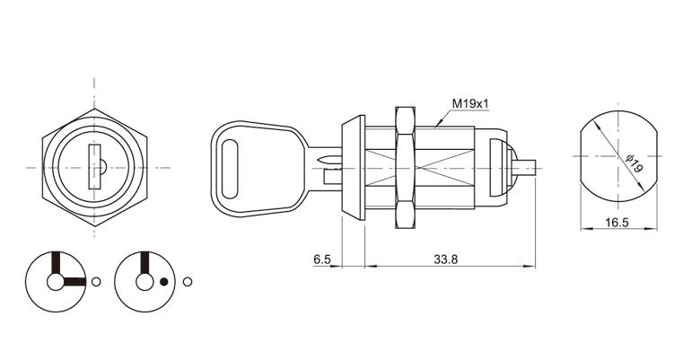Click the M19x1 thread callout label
pyautogui.click(x=470, y=103)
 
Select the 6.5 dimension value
pyautogui.click(x=322, y=259)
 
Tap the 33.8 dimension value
pyautogui.click(x=446, y=259)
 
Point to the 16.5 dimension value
pyautogui.click(x=617, y=223)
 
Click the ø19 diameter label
pyautogui.click(x=633, y=164)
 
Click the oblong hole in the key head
pyautogui.click(x=231, y=169)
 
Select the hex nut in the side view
pyautogui.click(x=406, y=167)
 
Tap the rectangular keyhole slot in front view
pyautogui.click(x=94, y=167)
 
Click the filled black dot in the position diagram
pyautogui.click(x=163, y=282)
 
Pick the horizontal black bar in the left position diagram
pyautogui.click(x=74, y=282)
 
